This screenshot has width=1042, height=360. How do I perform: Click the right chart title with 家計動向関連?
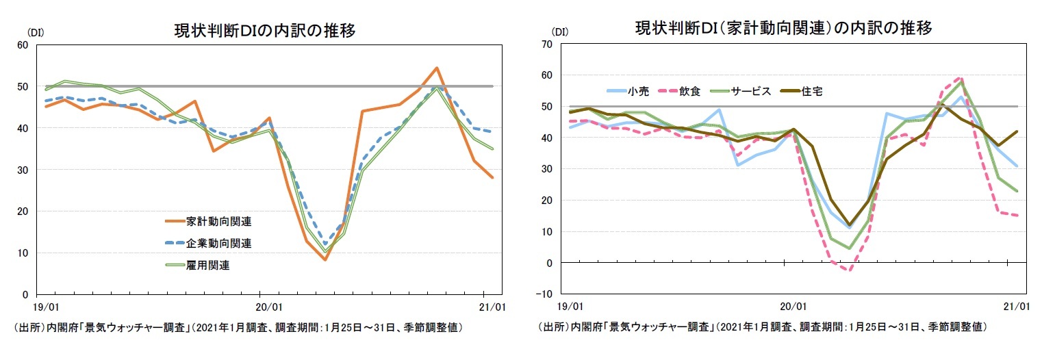point(784,29)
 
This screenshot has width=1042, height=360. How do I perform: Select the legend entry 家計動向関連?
point(218,221)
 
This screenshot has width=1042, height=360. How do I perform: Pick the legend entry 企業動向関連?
point(218,243)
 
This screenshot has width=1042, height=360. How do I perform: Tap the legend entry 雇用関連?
point(207,266)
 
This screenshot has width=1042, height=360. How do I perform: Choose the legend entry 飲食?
point(689,90)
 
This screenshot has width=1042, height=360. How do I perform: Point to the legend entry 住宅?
point(811,90)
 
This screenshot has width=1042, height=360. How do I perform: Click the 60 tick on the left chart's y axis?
point(22,45)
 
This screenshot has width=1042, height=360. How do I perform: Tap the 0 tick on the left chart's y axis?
point(25,294)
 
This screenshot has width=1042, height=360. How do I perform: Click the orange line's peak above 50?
point(436,68)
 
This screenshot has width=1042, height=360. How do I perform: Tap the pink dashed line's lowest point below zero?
point(848,270)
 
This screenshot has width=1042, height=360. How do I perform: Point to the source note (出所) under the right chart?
point(762,327)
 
